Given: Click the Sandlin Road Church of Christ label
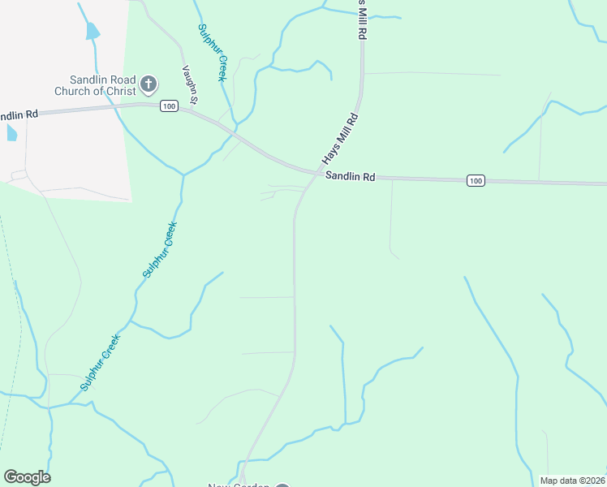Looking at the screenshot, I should pos(96,85).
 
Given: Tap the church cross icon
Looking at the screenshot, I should pos(149,83).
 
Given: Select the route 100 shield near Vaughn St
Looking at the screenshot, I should pos(169,106).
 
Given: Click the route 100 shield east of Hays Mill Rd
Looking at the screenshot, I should pos(476,180).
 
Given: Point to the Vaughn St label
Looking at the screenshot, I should pos(191,85).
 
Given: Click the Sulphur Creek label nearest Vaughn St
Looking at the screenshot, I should pos(211,52).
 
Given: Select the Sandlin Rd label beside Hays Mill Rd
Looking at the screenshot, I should pos(350,176).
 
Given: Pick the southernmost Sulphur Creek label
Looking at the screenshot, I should pos(100,362).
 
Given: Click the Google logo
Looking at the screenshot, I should pos(27,477).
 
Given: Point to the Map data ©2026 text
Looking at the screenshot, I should pos(572,481).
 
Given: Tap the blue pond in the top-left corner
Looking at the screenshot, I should pos(92,32).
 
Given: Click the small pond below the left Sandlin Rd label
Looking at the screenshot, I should pos(11,132).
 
